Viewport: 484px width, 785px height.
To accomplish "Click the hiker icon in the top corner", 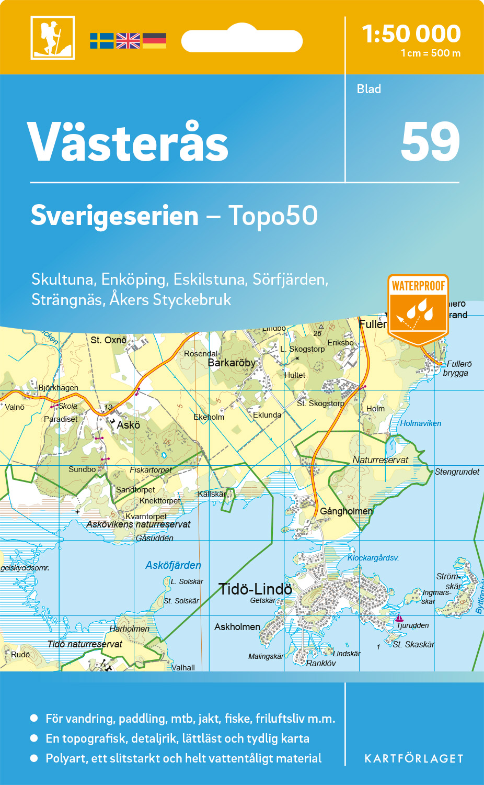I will click(52, 38).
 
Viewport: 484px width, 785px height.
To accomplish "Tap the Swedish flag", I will click(101, 41).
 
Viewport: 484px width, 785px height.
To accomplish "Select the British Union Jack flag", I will click(128, 41).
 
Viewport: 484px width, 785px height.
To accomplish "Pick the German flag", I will click(154, 41).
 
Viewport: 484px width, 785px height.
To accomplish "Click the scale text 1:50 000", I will click(411, 34).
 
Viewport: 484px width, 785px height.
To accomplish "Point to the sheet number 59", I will click(430, 142).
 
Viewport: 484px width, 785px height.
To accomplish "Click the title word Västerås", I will click(128, 142).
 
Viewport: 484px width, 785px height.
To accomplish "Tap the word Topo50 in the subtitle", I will click(273, 216).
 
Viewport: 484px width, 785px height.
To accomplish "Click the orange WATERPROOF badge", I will click(418, 309).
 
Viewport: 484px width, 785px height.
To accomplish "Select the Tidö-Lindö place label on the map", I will click(255, 589).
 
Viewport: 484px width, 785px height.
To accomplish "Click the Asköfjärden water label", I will click(173, 565).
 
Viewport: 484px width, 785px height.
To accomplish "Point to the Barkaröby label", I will click(232, 363).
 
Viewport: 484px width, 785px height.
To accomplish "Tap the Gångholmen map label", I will click(346, 511).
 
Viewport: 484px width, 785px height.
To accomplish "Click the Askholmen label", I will click(237, 627).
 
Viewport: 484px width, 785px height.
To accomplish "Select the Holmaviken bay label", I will click(421, 423).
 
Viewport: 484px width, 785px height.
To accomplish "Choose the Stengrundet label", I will click(457, 472).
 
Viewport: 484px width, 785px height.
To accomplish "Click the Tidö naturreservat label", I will click(85, 644).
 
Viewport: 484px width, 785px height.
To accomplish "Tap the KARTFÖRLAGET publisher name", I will click(414, 759).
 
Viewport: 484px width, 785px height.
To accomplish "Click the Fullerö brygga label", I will click(457, 368).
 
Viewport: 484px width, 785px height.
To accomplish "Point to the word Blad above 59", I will click(369, 89).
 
